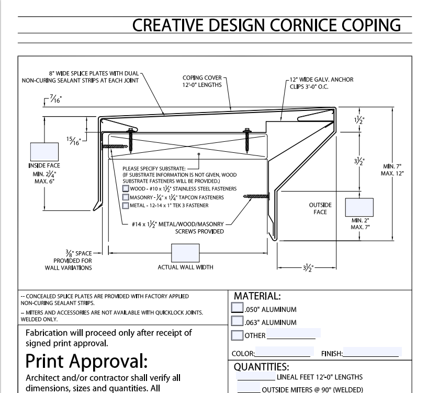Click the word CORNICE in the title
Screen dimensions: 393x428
click(x=294, y=25)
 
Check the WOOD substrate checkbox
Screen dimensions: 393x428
click(x=125, y=188)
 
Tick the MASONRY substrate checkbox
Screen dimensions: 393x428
click(x=125, y=197)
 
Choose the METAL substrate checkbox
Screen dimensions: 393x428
click(x=125, y=206)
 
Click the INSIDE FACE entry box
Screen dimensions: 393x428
click(x=44, y=151)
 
